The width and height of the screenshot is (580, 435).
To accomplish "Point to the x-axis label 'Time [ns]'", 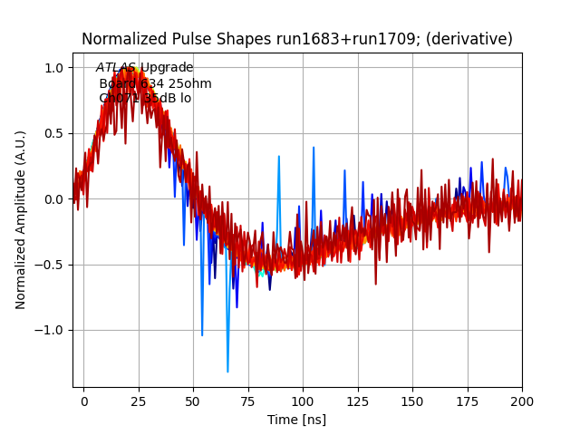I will point(296,420).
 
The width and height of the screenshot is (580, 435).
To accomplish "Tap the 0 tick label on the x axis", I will point(83,400).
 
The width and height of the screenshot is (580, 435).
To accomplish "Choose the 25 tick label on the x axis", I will point(139,400).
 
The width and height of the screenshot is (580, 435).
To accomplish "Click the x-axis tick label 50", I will point(193,400).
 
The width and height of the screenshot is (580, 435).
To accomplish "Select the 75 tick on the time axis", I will point(248,400).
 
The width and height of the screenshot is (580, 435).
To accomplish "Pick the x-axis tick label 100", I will point(303,400).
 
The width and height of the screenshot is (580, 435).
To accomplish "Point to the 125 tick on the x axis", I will point(358,400).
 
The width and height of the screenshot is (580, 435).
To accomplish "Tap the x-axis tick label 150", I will point(412,400).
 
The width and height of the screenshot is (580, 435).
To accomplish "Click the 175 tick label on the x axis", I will point(468,400).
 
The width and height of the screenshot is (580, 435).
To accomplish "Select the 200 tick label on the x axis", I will point(522,400).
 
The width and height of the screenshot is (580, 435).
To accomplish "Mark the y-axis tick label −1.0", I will point(49,330).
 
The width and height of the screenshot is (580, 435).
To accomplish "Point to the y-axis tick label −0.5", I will point(49,265).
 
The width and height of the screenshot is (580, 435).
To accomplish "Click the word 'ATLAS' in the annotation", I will point(116,68).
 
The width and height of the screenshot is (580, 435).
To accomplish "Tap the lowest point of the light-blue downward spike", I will point(227,372).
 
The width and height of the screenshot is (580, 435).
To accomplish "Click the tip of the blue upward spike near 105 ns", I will point(314,147).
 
